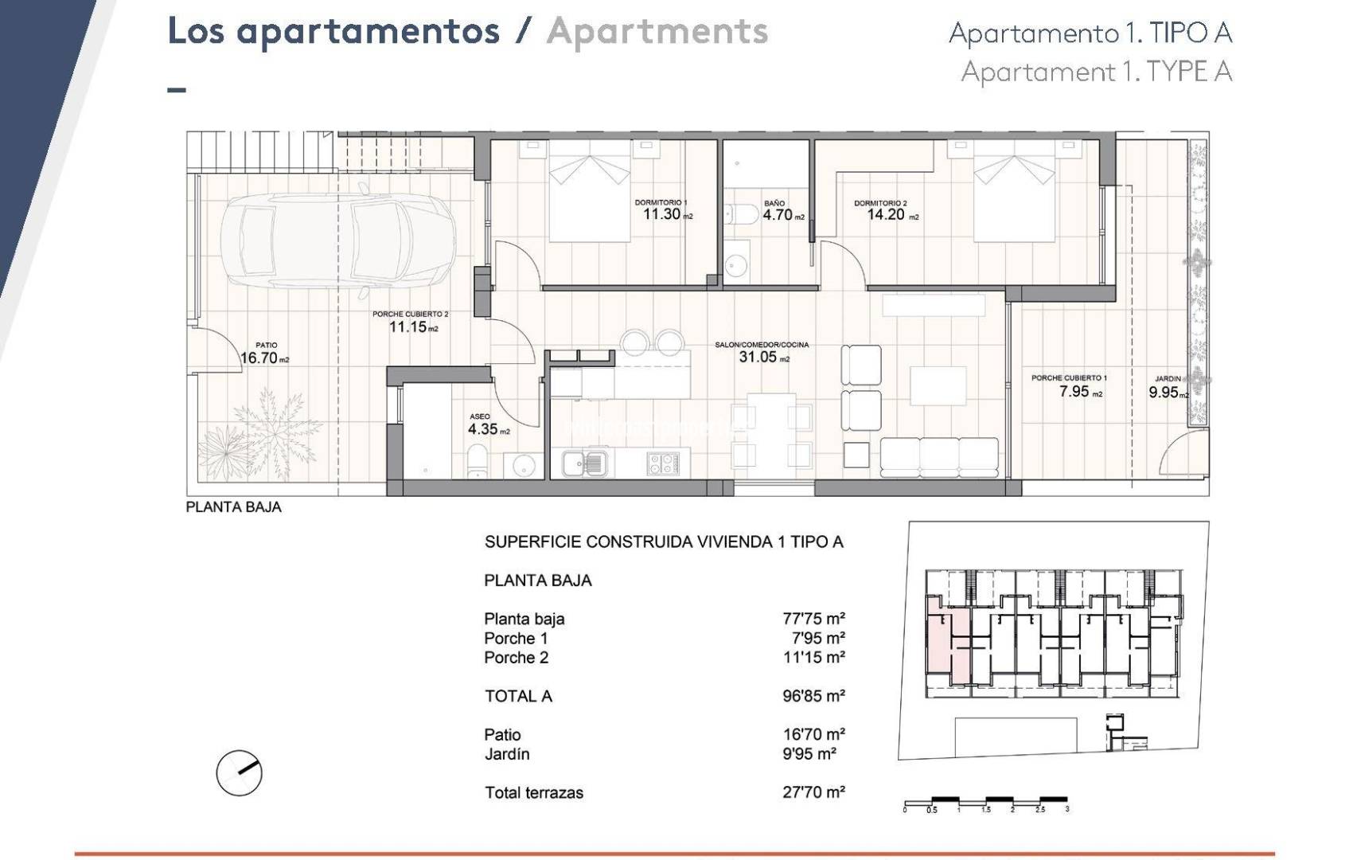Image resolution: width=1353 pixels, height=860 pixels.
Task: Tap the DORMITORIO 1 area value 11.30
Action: (x=661, y=214)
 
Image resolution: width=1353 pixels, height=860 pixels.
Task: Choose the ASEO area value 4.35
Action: (x=482, y=429)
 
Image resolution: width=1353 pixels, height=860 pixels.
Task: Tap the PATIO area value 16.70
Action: (x=259, y=358)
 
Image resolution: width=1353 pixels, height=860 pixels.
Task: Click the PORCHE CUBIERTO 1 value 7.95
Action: (x=1074, y=391)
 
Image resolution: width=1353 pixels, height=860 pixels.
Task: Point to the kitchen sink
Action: (x=584, y=463)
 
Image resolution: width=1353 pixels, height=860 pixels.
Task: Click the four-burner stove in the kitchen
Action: (x=662, y=463)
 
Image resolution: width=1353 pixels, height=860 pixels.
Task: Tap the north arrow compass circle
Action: (x=239, y=772)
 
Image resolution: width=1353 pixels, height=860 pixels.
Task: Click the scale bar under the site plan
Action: (x=986, y=801)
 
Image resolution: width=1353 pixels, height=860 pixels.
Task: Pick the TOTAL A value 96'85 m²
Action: (x=813, y=697)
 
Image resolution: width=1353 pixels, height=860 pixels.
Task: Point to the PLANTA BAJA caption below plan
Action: (x=233, y=507)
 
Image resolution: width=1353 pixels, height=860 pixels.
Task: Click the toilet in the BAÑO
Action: (x=741, y=215)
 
